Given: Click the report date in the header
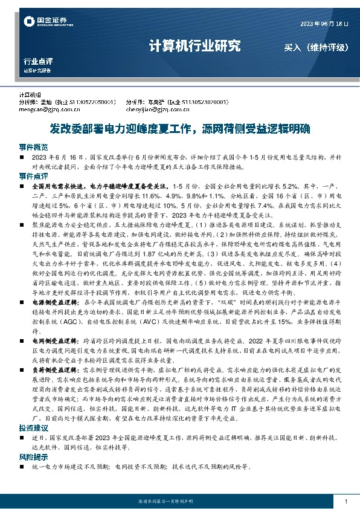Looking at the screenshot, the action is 325,24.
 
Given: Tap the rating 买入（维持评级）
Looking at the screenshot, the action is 317,47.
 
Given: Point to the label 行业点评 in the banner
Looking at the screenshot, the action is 38,61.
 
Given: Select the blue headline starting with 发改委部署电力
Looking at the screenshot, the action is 180,128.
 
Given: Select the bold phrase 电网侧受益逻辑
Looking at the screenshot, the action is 53,340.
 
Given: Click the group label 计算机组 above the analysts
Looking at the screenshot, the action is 30,96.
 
